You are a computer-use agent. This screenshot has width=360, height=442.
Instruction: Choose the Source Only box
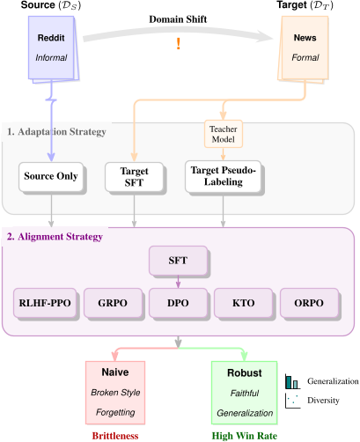coord(50,176)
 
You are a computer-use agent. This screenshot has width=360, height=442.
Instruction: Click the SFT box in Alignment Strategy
coord(179,259)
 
